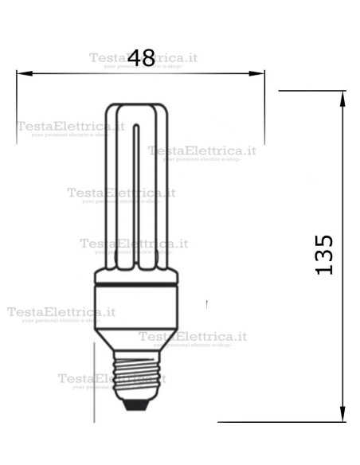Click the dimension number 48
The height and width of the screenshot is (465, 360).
141,57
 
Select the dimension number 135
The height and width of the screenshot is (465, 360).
323,254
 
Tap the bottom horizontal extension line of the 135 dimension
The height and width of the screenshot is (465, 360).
279,422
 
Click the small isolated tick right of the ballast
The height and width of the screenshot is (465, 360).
206,304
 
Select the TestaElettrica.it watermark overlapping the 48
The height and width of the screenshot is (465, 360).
143,58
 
